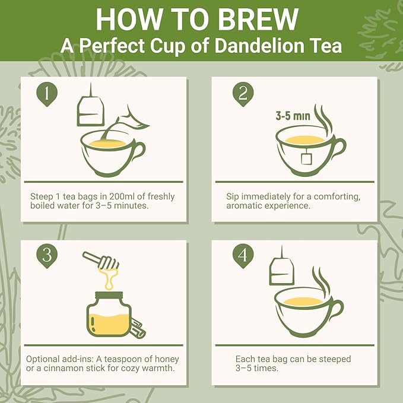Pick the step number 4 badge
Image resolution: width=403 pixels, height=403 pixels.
tap(241, 256)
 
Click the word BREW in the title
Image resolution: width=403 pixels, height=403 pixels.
tap(259, 20)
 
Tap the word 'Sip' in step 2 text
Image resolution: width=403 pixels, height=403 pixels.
tap(233, 196)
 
